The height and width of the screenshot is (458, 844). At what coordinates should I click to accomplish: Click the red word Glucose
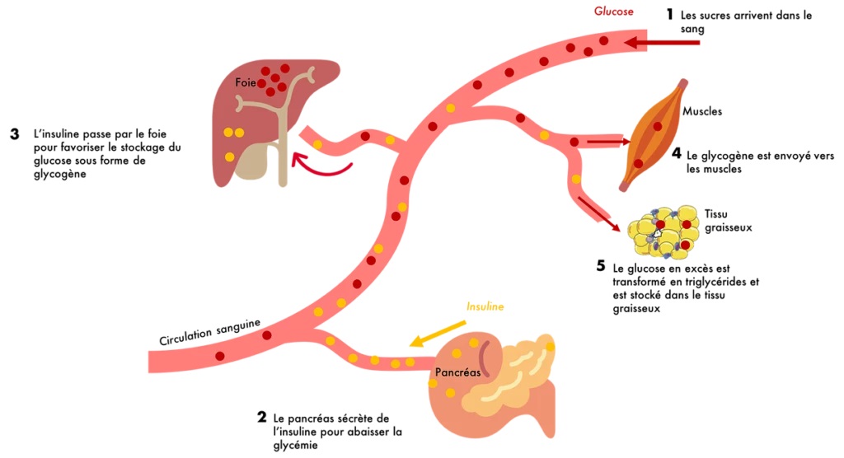(613, 12)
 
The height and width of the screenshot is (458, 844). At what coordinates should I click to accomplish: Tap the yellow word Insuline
(485, 306)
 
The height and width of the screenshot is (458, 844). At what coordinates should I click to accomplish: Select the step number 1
(670, 15)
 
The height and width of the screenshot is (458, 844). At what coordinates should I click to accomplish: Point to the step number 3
(15, 133)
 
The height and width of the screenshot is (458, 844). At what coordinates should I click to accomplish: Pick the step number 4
(676, 153)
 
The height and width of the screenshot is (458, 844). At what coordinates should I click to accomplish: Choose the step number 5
(601, 267)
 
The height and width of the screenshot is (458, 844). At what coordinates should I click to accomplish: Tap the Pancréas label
(457, 372)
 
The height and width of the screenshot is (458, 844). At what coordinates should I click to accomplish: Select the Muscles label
(703, 110)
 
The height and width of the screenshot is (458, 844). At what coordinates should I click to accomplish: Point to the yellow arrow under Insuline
(434, 332)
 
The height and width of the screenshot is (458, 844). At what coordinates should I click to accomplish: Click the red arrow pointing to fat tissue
(598, 213)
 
